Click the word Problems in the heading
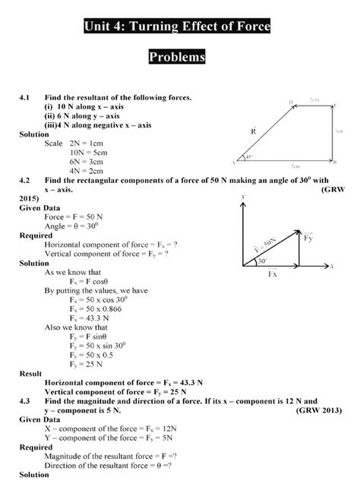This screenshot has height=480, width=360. pos(180,58)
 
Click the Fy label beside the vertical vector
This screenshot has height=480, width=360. pos(308,239)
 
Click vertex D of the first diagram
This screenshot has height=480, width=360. pos(291,102)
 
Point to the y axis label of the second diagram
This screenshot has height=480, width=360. pos(242,196)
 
